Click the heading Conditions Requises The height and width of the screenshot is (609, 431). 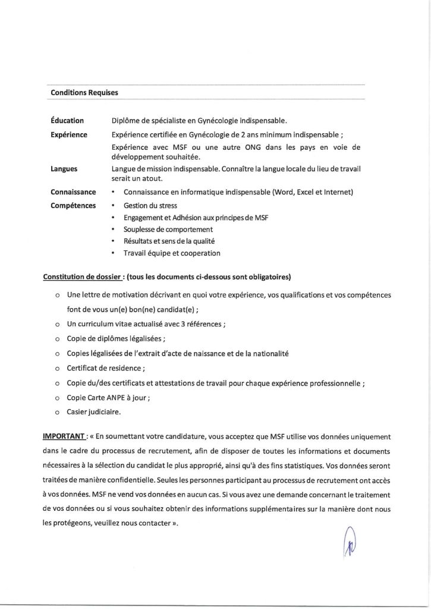84,93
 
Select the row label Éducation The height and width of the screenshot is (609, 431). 68,120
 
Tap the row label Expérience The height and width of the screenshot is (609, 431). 70,135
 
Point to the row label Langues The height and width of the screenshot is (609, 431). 64,169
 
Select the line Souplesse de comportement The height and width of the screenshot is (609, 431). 168,229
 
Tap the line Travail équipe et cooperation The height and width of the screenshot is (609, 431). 172,253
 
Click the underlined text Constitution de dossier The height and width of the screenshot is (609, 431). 81,277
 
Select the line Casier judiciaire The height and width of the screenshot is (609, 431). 95,412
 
